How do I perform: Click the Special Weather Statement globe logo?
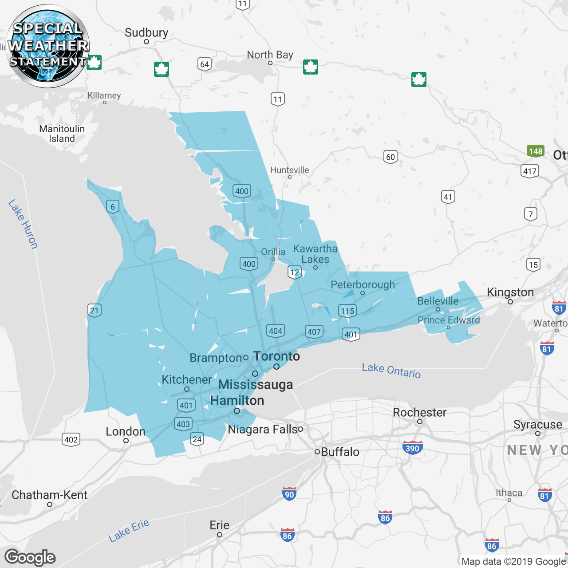click(x=48, y=46)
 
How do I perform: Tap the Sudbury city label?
click(x=146, y=33)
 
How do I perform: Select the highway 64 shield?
click(x=204, y=64)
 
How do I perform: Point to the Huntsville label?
click(x=289, y=170)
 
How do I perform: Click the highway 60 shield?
click(x=390, y=157)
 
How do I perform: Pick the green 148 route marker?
click(x=536, y=151)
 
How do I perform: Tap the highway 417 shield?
click(x=530, y=171)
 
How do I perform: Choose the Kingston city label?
click(x=510, y=292)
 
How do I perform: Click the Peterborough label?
click(x=363, y=285)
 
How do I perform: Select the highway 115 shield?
click(x=347, y=311)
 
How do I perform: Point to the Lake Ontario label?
click(x=391, y=370)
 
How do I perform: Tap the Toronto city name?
click(x=276, y=356)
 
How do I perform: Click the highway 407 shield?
click(x=314, y=331)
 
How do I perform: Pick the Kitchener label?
click(x=187, y=380)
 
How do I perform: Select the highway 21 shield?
click(x=95, y=310)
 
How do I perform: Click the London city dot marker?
click(x=126, y=441)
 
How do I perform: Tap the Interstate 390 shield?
click(x=412, y=448)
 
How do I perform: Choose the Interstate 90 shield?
click(x=289, y=494)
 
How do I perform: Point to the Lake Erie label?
click(x=129, y=531)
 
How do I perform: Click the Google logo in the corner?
click(x=30, y=557)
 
